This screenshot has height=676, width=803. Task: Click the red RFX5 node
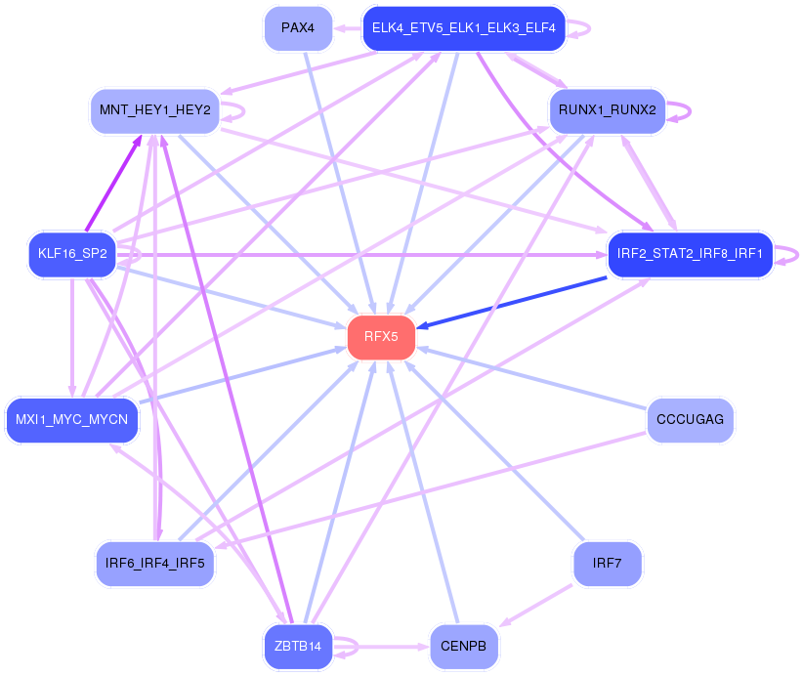pos(381,337)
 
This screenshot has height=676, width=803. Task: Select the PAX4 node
pos(298,27)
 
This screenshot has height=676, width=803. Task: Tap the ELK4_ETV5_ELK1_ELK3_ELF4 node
pos(463,27)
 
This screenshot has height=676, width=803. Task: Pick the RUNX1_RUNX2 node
pos(607,109)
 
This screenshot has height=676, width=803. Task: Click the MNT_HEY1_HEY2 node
pos(154,110)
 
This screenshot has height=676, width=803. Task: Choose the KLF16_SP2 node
pos(72,254)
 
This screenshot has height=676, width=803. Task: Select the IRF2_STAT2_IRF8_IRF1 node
pos(690,254)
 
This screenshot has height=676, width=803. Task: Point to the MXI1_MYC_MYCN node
pos(72,420)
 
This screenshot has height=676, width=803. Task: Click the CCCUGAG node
pos(690,419)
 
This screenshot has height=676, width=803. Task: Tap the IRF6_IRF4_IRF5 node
pos(155,563)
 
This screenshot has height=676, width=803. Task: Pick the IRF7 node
pos(607,563)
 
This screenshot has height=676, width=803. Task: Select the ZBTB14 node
pos(299,646)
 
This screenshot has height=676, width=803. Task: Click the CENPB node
pos(463,646)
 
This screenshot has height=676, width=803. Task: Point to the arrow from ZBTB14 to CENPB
pos(391,646)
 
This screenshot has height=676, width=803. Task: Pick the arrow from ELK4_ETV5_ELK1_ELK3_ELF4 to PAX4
pos(348,27)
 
